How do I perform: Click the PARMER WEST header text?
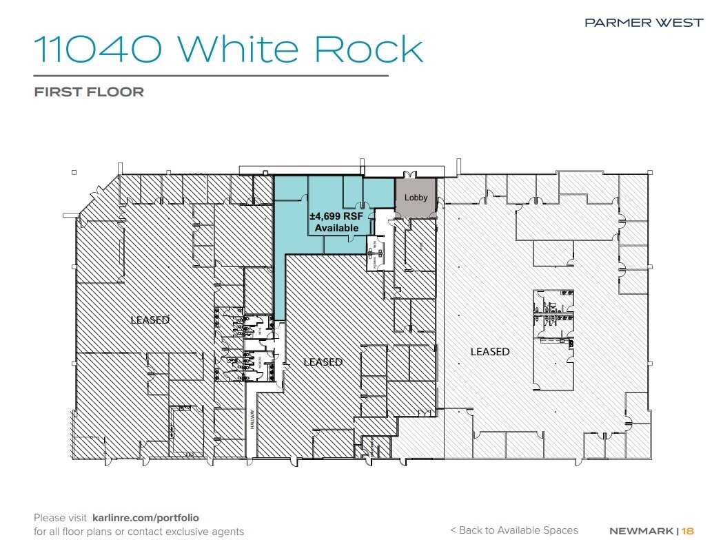click(x=644, y=23)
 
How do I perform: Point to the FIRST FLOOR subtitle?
click(x=89, y=92)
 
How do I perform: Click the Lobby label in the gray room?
click(x=416, y=198)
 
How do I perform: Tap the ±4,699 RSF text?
click(x=336, y=216)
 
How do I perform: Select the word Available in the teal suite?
click(x=336, y=228)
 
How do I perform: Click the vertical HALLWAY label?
click(x=252, y=421)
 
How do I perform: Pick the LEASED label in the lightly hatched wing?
click(x=490, y=351)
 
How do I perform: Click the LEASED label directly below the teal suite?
click(x=323, y=362)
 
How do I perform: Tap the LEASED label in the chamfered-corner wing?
click(x=150, y=320)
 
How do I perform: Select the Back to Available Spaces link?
click(x=513, y=530)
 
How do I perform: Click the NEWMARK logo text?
click(x=642, y=531)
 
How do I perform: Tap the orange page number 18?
click(x=688, y=531)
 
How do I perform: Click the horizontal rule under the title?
click(x=211, y=75)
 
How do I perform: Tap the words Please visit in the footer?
click(x=60, y=517)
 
